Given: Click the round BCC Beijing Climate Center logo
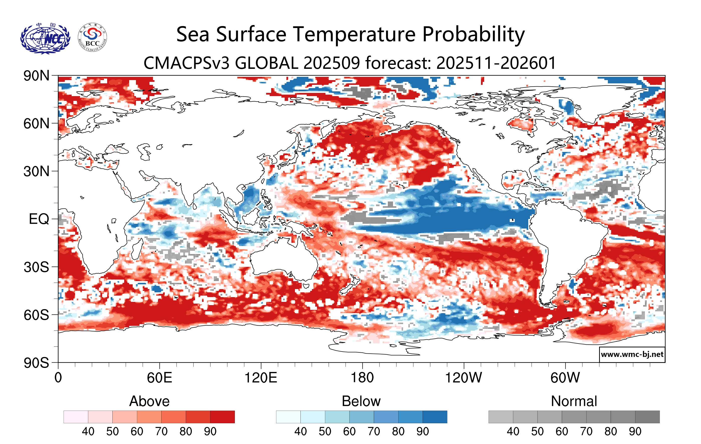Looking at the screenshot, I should coord(92,38).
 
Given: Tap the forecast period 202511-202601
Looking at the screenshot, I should coord(496,63).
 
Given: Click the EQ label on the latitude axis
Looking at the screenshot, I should coord(39,219).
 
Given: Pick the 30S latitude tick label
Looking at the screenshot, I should coord(36,267).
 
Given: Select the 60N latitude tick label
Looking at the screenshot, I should coord(36,124).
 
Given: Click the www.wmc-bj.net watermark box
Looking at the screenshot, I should coord(632,354).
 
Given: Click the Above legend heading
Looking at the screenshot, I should coord(149,401).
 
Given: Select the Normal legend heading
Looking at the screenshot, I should coord(574,401).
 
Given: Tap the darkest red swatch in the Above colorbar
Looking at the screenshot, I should coord(222,417).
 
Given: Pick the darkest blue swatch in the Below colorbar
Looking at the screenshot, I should coord(435,417).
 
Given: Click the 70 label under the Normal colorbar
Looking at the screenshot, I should coord(586,431).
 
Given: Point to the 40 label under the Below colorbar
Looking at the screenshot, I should coord(300,431).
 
